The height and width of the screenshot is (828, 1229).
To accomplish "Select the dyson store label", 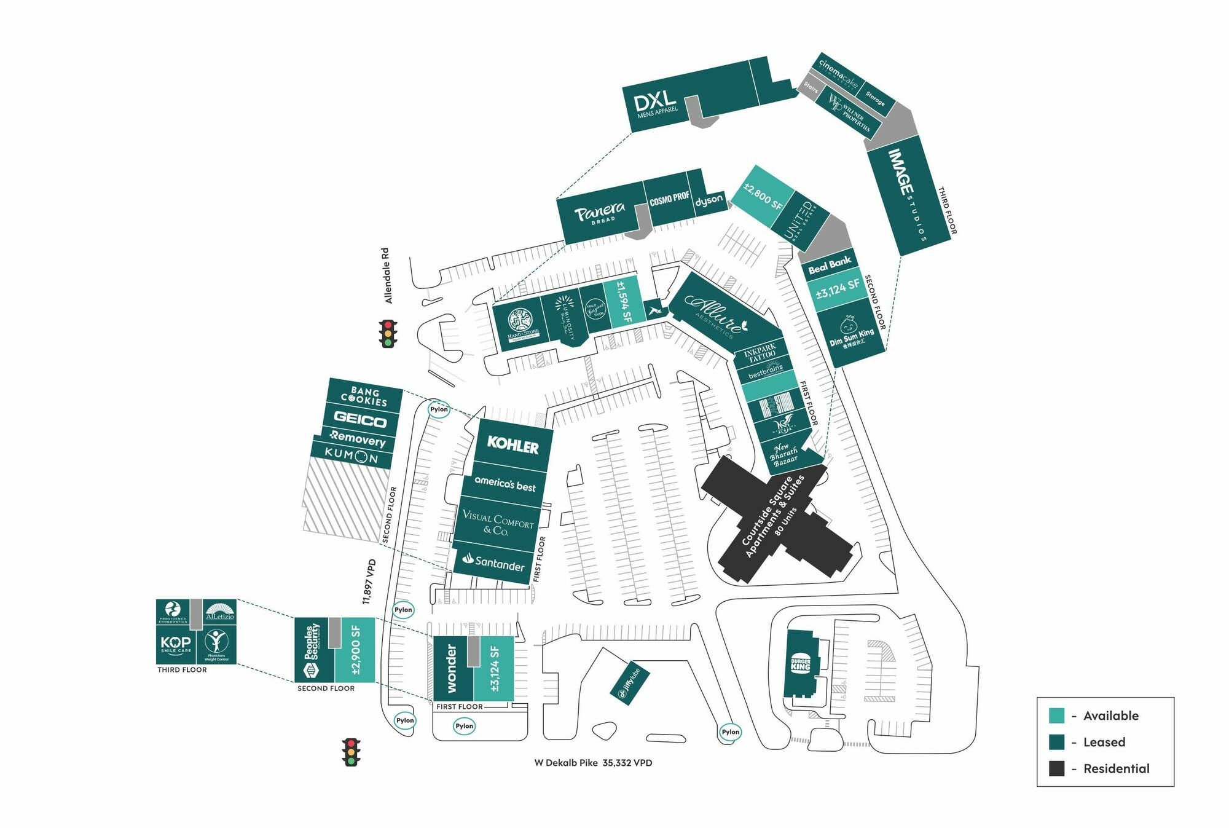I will [709, 200].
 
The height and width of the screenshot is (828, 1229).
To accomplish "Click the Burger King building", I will [801, 664].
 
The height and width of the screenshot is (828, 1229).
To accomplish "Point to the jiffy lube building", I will [630, 682].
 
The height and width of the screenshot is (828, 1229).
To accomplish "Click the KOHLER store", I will [512, 444].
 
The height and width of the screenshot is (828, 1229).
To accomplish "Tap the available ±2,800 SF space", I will [763, 196].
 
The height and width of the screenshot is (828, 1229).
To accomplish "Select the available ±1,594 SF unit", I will [624, 301].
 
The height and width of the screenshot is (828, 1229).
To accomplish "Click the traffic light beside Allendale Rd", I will [388, 334].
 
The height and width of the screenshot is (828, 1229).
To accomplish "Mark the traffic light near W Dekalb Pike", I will [351, 752].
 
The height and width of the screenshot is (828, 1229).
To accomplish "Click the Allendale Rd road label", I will [387, 275].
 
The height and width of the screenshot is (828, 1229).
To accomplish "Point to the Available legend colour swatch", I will [1056, 716].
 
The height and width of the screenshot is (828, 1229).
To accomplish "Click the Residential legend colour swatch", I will [1056, 768].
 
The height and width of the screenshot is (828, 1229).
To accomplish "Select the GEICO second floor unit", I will [360, 420].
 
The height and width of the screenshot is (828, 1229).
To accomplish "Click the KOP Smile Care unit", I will [176, 644].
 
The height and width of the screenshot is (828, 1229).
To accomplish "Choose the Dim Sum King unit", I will [851, 334].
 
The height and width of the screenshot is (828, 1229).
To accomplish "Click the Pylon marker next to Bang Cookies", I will [439, 409].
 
